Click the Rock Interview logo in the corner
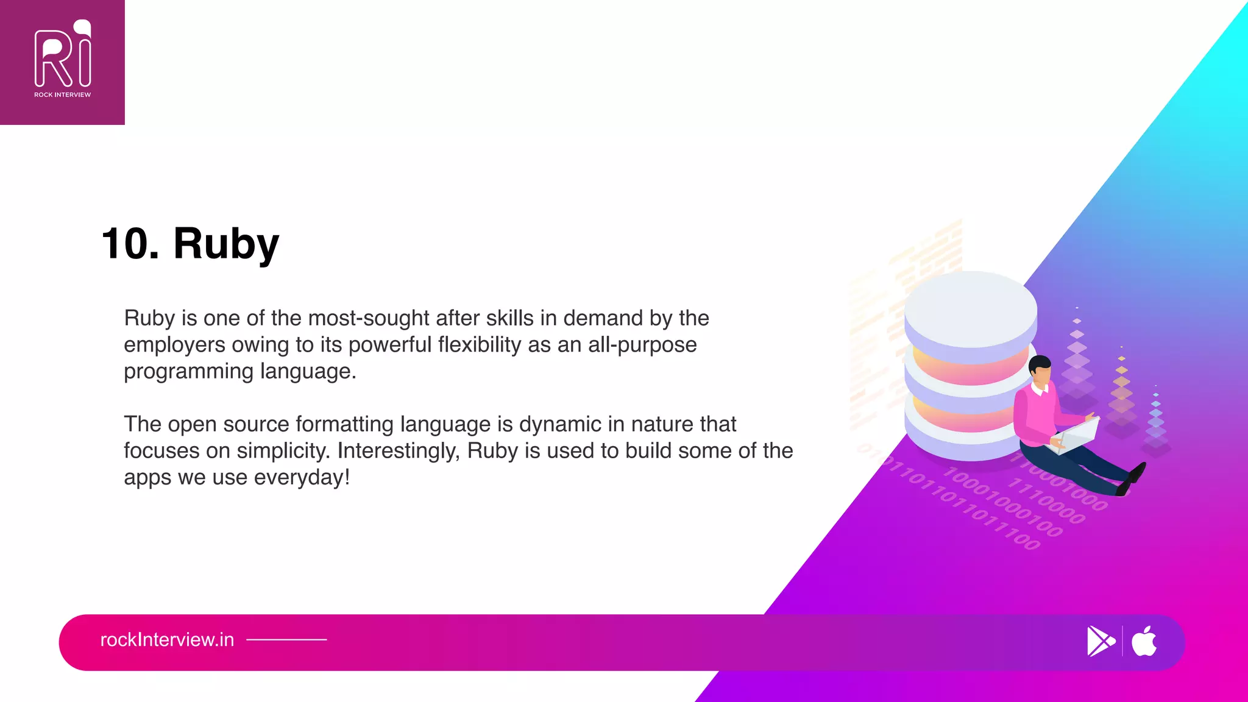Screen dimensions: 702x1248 (62, 61)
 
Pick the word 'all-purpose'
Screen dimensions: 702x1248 (642, 345)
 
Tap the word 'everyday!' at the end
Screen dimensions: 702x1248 (302, 477)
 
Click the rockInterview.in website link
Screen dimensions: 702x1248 (167, 640)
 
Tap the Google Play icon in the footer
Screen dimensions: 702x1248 (1101, 641)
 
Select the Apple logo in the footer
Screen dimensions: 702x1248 (1144, 641)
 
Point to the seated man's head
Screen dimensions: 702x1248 (1040, 370)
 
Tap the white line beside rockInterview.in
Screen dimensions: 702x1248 (286, 640)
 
